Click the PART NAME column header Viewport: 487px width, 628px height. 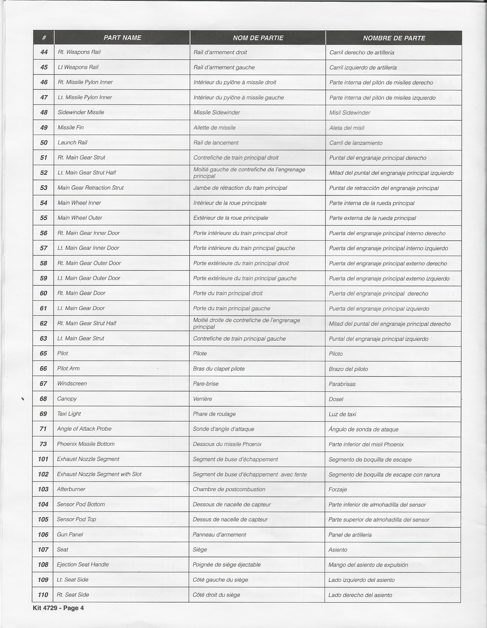122,38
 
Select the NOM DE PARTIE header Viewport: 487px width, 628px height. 258,38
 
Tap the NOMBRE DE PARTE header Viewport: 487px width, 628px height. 394,38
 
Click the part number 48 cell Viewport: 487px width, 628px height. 44,112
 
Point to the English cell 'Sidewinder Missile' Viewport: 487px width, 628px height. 81,112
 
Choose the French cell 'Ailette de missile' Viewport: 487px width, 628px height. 215,128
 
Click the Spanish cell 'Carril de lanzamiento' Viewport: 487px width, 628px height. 356,143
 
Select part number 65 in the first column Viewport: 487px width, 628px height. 44,354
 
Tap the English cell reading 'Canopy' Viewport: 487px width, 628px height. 67,399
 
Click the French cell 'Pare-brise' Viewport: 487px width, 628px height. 206,384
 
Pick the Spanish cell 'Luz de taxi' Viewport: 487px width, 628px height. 342,414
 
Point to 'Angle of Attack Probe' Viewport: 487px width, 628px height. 84,429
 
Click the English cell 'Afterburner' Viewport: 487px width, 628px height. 71,489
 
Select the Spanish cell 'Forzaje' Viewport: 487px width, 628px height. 338,489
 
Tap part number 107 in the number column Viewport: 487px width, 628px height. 43,549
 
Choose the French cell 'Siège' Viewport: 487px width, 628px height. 200,549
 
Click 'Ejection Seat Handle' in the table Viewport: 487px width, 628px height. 83,564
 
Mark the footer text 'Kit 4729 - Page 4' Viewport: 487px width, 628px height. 58,608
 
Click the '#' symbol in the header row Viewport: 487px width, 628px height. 44,38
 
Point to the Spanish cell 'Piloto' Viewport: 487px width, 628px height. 336,354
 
